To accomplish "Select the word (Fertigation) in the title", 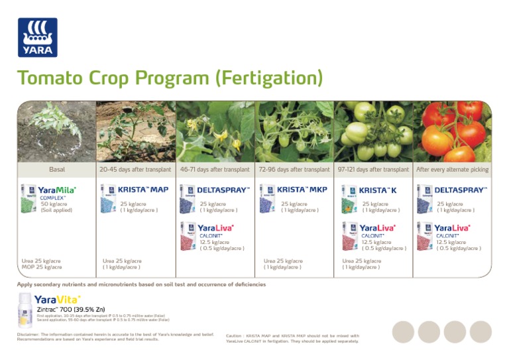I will tap(268, 78).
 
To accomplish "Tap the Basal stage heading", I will tap(56, 170).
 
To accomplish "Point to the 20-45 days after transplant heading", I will tap(135, 170).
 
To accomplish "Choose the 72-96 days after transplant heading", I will tap(294, 170).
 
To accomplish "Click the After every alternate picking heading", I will tap(452, 170).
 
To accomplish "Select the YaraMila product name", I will tap(57, 190).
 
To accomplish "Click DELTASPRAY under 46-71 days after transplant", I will tap(223, 190).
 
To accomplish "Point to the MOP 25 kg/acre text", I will tap(41, 267).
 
